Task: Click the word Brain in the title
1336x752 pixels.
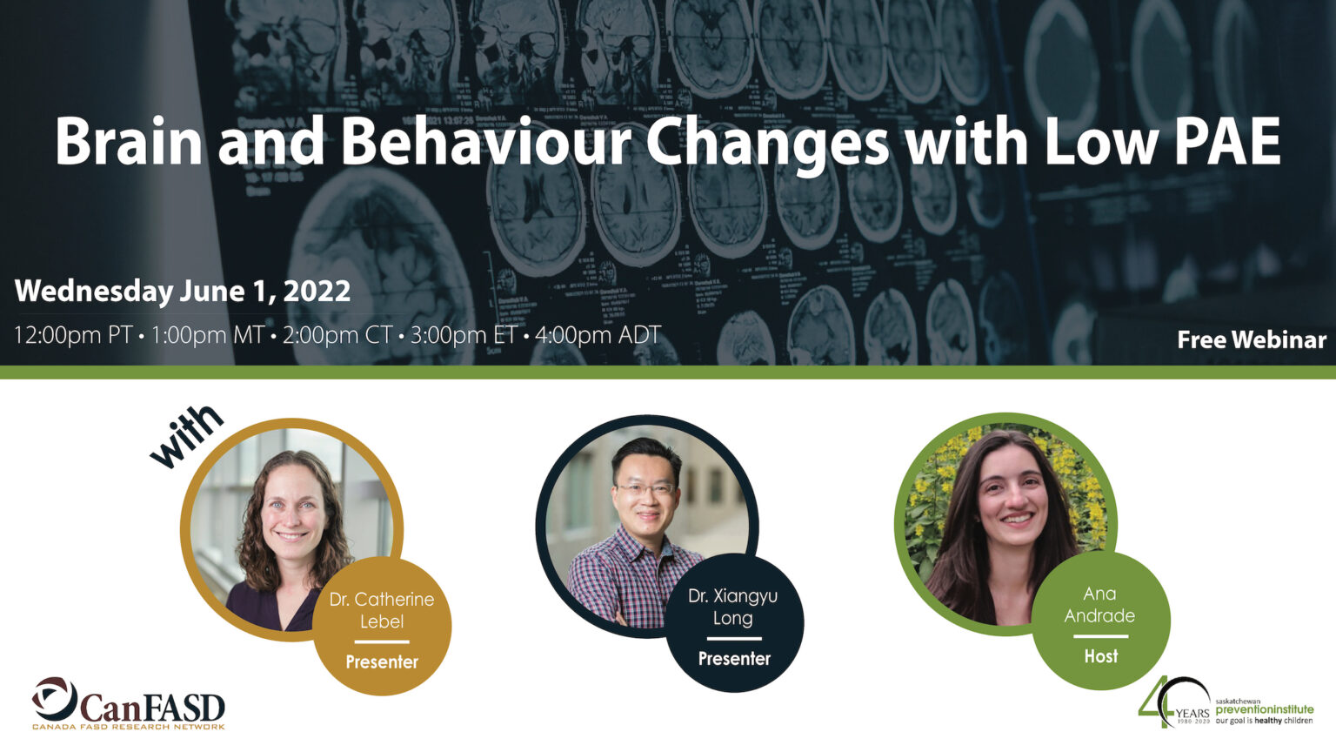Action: coord(129,141)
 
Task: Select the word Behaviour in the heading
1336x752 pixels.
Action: coord(485,141)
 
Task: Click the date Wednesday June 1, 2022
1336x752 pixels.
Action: coord(183,291)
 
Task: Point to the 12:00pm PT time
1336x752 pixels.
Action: coord(73,335)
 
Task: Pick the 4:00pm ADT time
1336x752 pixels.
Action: coord(598,335)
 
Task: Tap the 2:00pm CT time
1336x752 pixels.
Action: coord(337,335)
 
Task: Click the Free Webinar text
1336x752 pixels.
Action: coord(1252,339)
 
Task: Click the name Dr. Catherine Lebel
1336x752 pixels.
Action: coord(382,610)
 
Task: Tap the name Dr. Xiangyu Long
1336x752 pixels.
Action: coord(733,607)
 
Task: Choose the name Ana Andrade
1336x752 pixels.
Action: coord(1099,604)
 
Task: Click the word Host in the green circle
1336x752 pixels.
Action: coord(1101,656)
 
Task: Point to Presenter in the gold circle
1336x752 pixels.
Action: coord(382,662)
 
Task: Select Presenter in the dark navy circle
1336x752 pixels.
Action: coord(734,659)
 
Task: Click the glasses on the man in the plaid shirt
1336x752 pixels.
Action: coord(645,489)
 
